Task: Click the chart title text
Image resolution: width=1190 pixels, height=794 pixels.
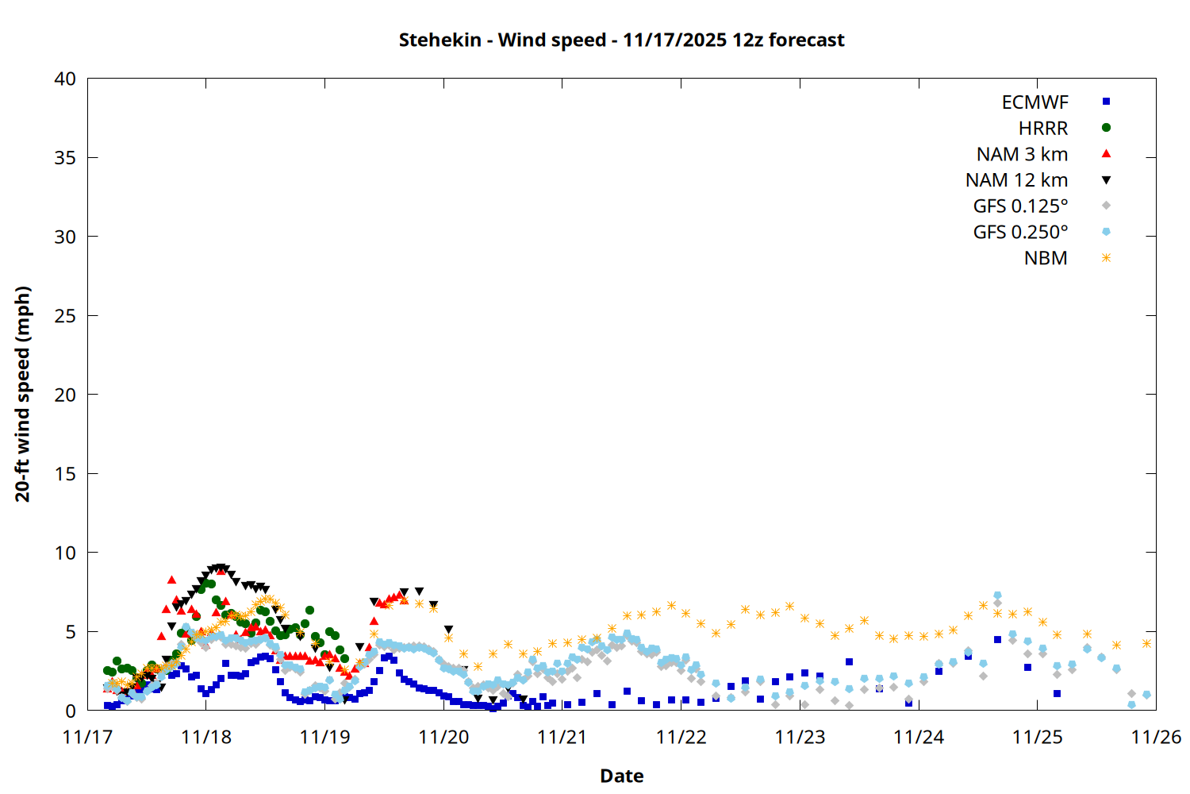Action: click(621, 40)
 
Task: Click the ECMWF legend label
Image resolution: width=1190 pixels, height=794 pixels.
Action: click(1035, 102)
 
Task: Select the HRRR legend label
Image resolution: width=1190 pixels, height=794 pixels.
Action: click(1043, 129)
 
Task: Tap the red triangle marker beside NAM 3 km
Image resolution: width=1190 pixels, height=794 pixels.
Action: click(1106, 154)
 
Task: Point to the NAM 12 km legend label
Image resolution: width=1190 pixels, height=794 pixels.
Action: click(1016, 180)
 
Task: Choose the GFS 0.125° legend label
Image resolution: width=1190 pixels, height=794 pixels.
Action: click(1020, 206)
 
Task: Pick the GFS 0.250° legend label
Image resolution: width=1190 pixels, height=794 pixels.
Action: click(1020, 233)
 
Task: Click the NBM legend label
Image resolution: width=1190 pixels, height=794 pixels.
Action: click(1046, 259)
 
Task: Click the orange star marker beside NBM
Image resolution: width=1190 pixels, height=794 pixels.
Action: click(1106, 258)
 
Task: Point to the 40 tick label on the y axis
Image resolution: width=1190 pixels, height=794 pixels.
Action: click(65, 79)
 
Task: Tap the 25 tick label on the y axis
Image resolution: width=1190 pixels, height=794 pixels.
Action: click(65, 316)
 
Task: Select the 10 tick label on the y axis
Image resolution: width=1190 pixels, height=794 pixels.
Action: click(65, 553)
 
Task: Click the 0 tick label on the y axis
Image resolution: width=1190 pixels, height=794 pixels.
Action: click(71, 711)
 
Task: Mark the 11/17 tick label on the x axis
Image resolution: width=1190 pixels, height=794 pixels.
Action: click(87, 738)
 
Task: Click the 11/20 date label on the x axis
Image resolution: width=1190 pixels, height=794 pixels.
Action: click(443, 738)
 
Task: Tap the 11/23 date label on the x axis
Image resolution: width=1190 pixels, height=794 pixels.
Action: click(800, 738)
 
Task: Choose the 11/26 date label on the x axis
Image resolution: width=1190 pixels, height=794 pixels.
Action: click(1156, 738)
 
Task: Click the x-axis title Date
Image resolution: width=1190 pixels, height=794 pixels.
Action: click(621, 776)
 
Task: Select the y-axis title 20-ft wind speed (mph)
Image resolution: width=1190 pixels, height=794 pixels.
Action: click(23, 394)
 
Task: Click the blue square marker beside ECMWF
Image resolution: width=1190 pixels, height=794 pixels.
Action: click(1106, 102)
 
